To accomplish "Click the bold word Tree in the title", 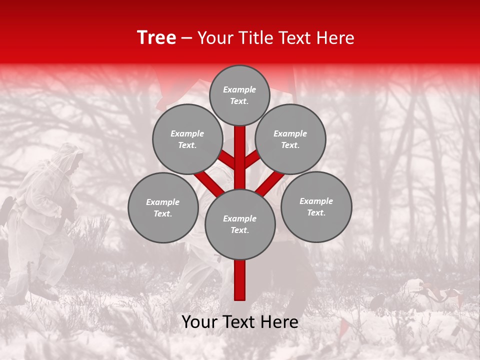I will coord(156,38).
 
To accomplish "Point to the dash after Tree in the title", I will coord(186,38).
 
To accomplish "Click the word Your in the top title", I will coord(214,38).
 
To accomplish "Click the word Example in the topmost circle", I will coord(239,90).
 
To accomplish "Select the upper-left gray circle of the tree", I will coord(187,139).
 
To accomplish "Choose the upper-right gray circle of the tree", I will coord(290,139).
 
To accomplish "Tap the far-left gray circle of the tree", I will coord(163,207).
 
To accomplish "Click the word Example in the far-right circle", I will coord(316,201).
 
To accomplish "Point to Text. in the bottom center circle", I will coord(239,230).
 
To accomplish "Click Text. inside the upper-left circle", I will coord(187,145).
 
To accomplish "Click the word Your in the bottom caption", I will coord(200,322).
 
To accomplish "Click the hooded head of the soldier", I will coord(70,157).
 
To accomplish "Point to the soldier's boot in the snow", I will coord(47,290).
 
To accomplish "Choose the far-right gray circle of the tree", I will coord(316,206).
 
